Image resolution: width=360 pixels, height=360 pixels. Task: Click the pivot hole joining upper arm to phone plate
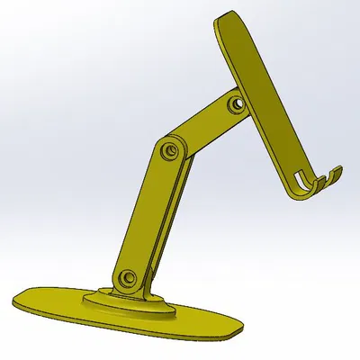235,104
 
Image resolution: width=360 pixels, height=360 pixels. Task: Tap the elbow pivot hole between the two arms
168,149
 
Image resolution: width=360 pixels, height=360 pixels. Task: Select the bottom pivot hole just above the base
127,277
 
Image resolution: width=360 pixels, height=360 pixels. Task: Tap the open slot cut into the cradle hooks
306,179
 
